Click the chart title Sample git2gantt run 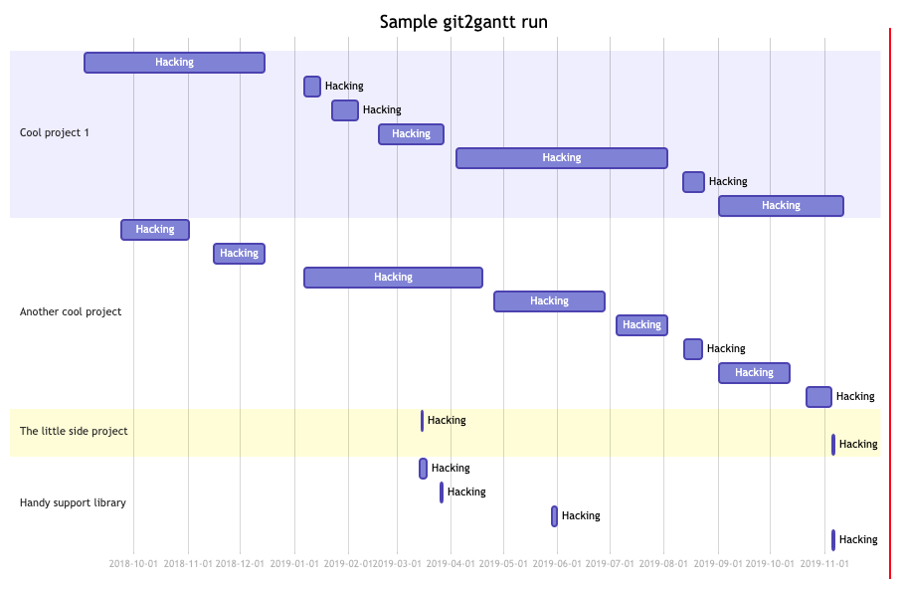pos(463,22)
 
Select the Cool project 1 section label pos(55,133)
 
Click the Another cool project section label pos(71,312)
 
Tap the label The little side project pos(74,432)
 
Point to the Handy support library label pos(73,503)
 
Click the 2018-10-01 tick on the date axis pos(133,564)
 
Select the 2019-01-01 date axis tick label pos(294,564)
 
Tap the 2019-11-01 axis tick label pos(824,564)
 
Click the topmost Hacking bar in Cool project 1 pos(174,63)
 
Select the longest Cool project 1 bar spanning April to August pos(561,158)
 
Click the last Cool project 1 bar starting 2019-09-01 pos(781,206)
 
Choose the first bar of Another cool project pos(155,230)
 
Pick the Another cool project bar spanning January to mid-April pos(393,278)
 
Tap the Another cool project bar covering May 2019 pos(549,301)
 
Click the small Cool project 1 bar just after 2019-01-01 pos(312,87)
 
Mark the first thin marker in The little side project pos(422,421)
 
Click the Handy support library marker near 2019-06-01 pos(555,516)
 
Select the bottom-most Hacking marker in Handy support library pos(833,540)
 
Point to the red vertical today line pos(890,298)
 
